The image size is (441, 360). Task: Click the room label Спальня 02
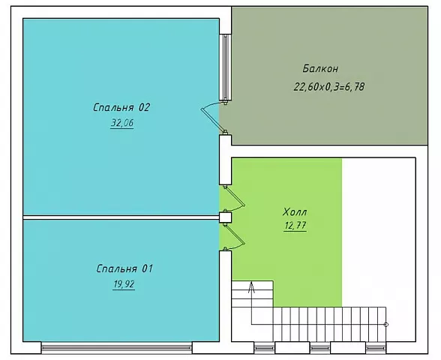(121, 107)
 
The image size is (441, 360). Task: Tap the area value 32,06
(122, 123)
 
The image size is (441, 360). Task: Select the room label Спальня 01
(124, 268)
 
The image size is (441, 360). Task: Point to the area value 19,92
(124, 284)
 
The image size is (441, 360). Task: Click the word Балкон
(320, 69)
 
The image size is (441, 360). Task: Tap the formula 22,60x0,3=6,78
(329, 87)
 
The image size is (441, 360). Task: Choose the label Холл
(295, 211)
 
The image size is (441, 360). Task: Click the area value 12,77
(295, 226)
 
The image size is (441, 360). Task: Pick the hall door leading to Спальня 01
(235, 237)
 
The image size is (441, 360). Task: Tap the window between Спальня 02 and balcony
(225, 67)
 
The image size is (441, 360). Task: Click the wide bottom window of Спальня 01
(117, 348)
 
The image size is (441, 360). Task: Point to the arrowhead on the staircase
(251, 286)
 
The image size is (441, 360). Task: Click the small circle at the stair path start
(386, 325)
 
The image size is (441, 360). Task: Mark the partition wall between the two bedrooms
(121, 217)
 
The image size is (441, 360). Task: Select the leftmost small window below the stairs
(264, 348)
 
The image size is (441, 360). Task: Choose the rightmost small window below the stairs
(376, 348)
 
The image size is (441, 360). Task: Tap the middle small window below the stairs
(320, 348)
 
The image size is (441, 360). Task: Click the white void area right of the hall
(379, 232)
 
